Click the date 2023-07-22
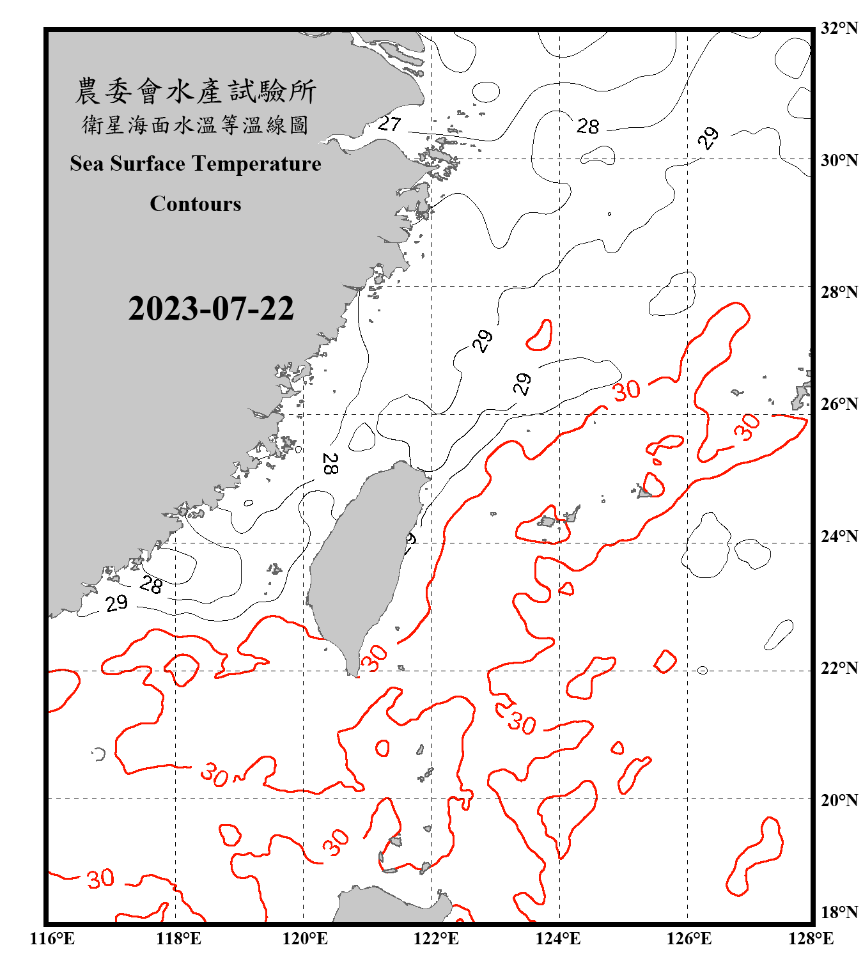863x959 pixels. click(211, 309)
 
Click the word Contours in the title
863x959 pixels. click(196, 204)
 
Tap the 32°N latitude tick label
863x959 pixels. click(839, 28)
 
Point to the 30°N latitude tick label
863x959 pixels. click(839, 160)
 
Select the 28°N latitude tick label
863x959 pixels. click(839, 292)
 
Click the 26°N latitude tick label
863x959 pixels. click(839, 404)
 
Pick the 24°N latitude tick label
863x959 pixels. click(839, 536)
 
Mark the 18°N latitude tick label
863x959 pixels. click(839, 912)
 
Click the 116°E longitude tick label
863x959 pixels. click(52, 939)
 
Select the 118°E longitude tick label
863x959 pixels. click(179, 939)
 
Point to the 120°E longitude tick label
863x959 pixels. click(305, 939)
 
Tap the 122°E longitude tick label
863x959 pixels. click(436, 939)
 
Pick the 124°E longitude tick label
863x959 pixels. click(558, 939)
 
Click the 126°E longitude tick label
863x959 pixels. click(688, 939)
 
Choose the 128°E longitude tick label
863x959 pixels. click(811, 939)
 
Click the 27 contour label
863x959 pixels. click(389, 123)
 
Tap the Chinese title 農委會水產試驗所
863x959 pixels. click(196, 91)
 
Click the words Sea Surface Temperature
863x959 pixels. click(196, 164)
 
